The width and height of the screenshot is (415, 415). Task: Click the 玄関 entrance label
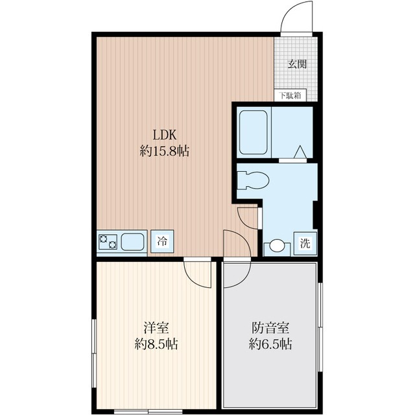(297, 64)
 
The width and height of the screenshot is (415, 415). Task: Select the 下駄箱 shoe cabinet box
(290, 96)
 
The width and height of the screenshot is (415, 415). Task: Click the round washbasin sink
(277, 246)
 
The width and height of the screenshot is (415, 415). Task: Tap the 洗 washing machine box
(305, 244)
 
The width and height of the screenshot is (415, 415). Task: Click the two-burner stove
(108, 243)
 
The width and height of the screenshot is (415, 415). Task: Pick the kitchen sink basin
(132, 243)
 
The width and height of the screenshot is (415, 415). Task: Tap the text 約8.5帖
(156, 344)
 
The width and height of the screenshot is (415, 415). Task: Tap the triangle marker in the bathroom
(301, 152)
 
